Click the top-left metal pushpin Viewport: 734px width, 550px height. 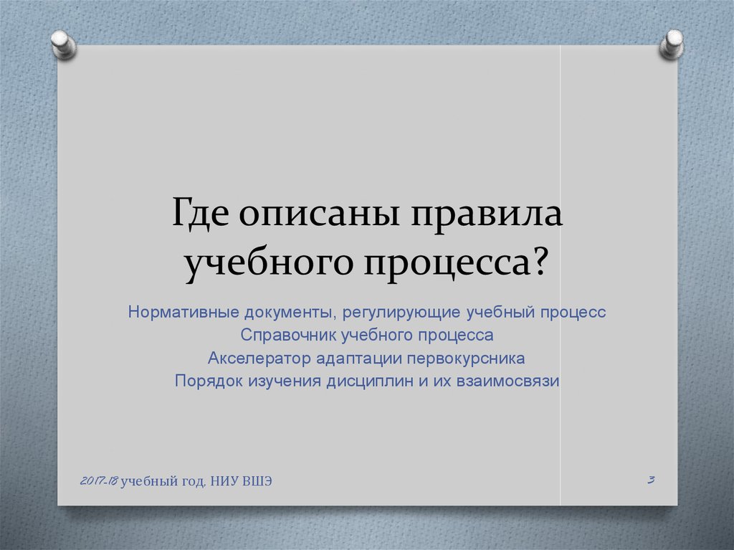point(64,45)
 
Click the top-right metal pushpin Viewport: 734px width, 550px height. point(672,44)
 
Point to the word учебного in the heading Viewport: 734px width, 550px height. point(269,264)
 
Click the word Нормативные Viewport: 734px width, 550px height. point(183,311)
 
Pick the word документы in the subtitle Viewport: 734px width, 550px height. point(290,313)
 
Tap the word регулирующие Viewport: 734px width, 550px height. point(401,313)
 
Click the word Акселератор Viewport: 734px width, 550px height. point(259,359)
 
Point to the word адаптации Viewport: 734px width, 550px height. point(359,359)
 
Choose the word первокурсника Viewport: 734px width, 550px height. point(466,359)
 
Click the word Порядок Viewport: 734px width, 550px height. point(209,381)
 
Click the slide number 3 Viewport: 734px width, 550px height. point(651,479)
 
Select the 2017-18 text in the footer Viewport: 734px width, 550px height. point(99,480)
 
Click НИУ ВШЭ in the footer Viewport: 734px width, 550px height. point(241,481)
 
